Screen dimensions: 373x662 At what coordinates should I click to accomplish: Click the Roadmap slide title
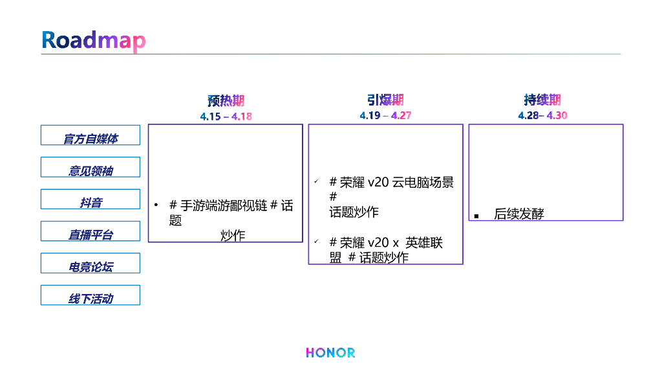(x=94, y=40)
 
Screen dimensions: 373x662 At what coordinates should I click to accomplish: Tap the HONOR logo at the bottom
(x=330, y=353)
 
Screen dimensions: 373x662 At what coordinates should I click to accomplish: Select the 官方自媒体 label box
(x=91, y=135)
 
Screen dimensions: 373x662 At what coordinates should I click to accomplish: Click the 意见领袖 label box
(x=91, y=167)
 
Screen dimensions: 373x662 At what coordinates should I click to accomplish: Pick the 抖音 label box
(x=91, y=199)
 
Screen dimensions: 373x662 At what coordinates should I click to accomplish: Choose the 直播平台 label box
(x=91, y=231)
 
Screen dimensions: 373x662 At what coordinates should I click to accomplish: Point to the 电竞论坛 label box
(x=91, y=263)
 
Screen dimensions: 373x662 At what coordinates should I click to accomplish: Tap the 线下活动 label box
(x=91, y=295)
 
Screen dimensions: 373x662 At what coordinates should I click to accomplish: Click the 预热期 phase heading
(x=226, y=101)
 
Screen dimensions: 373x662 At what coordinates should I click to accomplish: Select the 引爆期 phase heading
(x=385, y=100)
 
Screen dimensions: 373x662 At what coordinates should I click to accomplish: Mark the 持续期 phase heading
(x=542, y=100)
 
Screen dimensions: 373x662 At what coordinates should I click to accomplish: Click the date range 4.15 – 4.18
(x=226, y=117)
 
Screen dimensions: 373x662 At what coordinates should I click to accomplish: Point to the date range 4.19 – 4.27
(x=385, y=116)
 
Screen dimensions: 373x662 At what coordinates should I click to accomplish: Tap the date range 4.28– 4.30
(x=542, y=116)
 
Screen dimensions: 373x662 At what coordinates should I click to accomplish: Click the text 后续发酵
(x=518, y=214)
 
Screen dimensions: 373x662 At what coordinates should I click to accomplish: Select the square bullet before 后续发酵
(x=476, y=216)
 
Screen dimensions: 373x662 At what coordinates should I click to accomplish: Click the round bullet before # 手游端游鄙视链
(x=156, y=205)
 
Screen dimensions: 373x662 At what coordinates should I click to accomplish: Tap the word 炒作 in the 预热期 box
(x=233, y=236)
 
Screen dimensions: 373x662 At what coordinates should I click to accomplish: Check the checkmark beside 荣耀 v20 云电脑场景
(x=316, y=182)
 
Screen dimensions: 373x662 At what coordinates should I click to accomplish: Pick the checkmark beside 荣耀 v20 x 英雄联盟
(x=316, y=242)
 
